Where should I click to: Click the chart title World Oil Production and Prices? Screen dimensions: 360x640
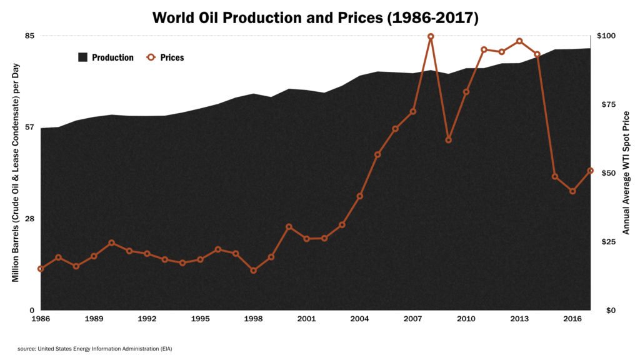[316, 17]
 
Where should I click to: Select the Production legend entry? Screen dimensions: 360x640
[106, 57]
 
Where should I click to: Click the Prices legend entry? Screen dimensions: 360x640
[166, 57]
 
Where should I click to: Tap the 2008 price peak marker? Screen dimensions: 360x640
[431, 36]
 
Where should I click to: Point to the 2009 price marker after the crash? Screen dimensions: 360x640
[448, 140]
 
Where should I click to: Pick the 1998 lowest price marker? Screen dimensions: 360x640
[253, 271]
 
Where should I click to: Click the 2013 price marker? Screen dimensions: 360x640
[519, 41]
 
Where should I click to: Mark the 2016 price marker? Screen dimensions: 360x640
[572, 191]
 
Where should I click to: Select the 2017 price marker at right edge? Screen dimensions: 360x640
[590, 171]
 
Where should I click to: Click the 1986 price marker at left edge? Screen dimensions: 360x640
[41, 269]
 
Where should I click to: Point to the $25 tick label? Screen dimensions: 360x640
[609, 241]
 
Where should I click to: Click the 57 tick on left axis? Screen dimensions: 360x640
[29, 127]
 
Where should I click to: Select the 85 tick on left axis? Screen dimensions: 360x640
[29, 36]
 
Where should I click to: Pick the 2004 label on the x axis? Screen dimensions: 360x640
[359, 319]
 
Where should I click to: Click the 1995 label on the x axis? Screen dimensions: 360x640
[200, 319]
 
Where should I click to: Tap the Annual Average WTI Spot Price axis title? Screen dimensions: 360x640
[626, 172]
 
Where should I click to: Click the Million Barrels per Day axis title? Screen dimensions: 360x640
[16, 173]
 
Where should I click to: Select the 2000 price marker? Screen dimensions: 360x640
[289, 227]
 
